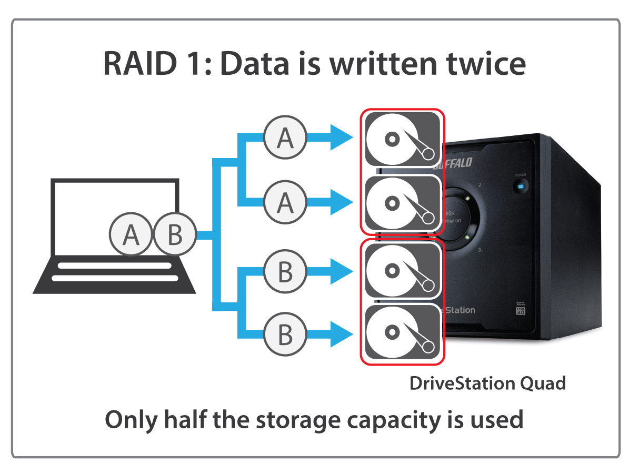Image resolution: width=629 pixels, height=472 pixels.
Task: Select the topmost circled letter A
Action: click(x=285, y=137)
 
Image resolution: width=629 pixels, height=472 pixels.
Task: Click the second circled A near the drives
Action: click(x=285, y=202)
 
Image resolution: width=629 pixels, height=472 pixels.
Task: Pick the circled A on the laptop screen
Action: click(x=130, y=235)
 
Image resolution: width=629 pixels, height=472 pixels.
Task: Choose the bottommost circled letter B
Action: click(x=285, y=334)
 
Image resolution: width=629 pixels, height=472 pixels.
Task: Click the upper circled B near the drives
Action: click(x=285, y=272)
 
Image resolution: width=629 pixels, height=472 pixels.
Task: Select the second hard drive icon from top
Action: click(x=402, y=203)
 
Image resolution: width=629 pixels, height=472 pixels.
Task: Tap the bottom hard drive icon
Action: click(x=402, y=333)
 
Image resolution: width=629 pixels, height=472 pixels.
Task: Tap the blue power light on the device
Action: click(x=520, y=187)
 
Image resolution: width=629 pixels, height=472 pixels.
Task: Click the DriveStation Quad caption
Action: click(x=487, y=383)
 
